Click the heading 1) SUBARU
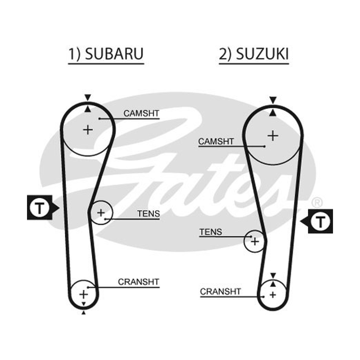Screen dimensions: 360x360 pos(106,54)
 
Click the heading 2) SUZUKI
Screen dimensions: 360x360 pos(254,54)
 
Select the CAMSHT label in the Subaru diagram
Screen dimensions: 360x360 pos(141,113)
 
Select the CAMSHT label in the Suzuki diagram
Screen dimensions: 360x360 pos(216,141)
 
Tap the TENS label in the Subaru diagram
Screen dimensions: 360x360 pos(148,214)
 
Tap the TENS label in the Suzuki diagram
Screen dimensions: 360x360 pos(211,232)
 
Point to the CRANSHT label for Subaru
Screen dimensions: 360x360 pos(139,282)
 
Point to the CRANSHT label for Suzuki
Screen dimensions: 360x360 pos(220,292)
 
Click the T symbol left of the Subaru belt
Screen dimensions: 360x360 pos(40,208)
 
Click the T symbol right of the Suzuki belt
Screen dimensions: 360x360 pos(320,221)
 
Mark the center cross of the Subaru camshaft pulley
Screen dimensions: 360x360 pos(88,130)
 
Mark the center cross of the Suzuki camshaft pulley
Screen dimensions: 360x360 pos(273,136)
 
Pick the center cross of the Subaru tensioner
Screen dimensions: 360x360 pos(101,212)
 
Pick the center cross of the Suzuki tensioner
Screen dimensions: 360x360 pos(255,242)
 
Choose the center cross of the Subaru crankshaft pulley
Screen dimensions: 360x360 pos(83,294)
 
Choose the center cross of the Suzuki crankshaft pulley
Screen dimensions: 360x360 pos(273,295)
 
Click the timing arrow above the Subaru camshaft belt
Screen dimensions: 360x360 pos(88,97)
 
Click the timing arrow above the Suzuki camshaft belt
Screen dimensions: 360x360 pos(273,100)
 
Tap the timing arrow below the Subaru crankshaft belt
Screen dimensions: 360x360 pos(84,312)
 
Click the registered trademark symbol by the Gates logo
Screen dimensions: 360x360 pos(317,203)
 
